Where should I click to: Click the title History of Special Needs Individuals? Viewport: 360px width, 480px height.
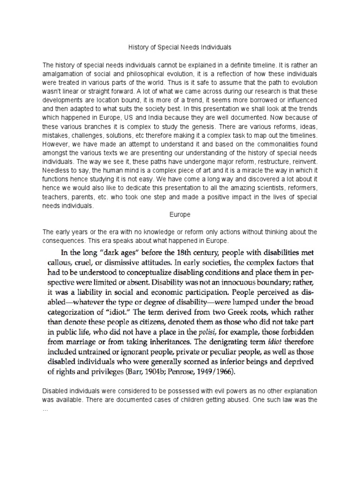(180, 47)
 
